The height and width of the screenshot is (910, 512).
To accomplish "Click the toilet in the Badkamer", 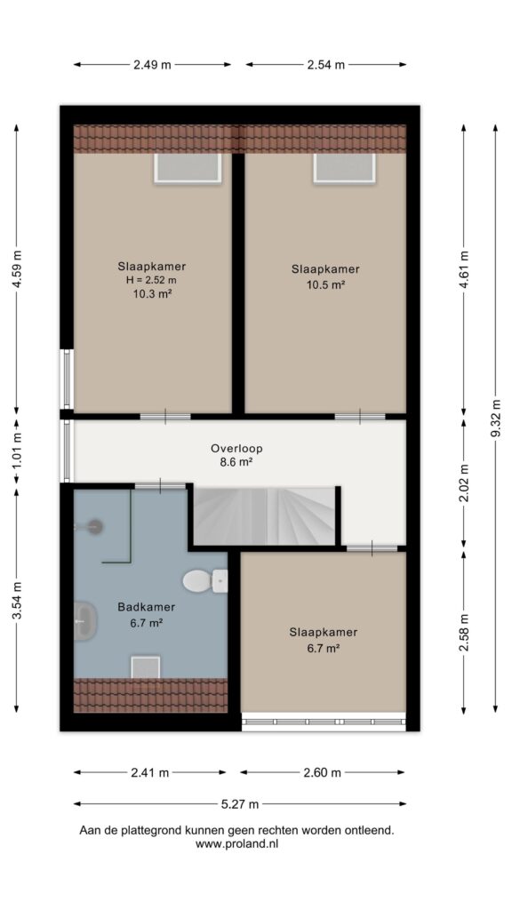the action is [x=204, y=580].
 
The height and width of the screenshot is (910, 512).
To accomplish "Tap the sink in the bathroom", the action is [x=84, y=620].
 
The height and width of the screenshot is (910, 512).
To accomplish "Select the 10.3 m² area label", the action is [x=151, y=293].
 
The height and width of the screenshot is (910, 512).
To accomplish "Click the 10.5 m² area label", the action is [x=325, y=284].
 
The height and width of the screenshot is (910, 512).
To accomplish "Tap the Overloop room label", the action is [x=236, y=448].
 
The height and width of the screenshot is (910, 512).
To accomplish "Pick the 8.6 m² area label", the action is [x=236, y=462].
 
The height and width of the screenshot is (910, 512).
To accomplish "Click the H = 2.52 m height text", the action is [x=151, y=280].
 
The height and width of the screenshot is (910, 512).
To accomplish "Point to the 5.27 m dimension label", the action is [x=240, y=803].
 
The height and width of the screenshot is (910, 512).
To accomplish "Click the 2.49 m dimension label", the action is [x=152, y=64].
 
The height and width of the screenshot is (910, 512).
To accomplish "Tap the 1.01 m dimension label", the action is [x=16, y=451].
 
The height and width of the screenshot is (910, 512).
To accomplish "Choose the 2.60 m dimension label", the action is [x=322, y=772].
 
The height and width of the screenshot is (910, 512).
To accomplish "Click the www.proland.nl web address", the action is [x=236, y=844].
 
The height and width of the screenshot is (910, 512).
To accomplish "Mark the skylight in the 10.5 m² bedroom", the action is [x=345, y=168].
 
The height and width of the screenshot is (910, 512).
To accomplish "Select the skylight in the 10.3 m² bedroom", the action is [x=188, y=168].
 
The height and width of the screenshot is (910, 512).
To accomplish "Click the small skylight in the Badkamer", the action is [x=145, y=667].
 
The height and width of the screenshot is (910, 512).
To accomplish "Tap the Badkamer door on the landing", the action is [x=160, y=485].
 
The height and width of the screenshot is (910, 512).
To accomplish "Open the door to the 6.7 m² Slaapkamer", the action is [x=372, y=547].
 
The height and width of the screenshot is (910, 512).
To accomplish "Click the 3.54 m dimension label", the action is [x=16, y=601].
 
